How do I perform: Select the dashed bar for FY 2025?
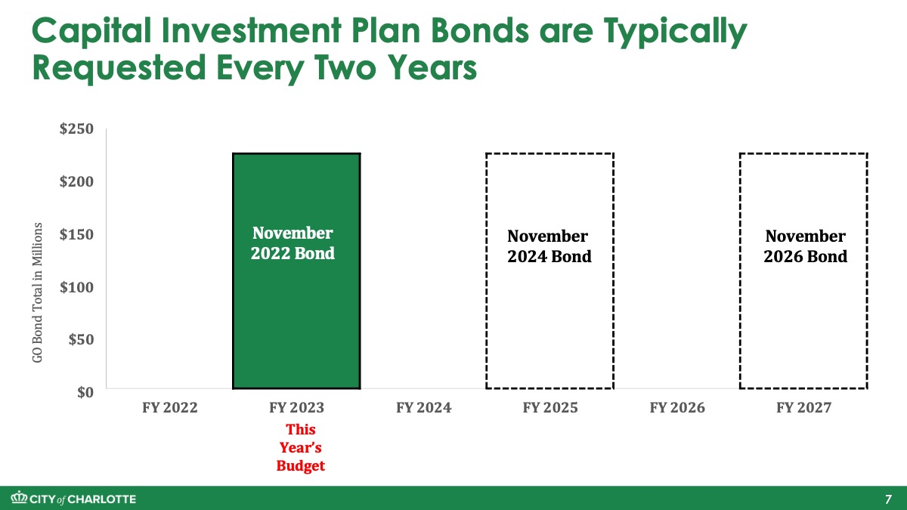click(486, 271)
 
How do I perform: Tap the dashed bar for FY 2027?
click(740, 271)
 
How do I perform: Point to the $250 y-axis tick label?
click(76, 128)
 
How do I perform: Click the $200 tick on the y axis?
click(76, 181)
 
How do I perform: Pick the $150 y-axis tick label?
click(76, 234)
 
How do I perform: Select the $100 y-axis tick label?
click(76, 287)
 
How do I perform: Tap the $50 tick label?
click(81, 339)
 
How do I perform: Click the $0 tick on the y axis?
click(85, 392)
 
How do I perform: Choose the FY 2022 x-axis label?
click(169, 407)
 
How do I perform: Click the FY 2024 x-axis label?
click(423, 407)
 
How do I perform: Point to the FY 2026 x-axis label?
click(677, 407)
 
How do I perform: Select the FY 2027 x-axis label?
click(803, 407)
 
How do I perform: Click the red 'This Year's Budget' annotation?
click(301, 447)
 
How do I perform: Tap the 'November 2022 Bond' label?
click(293, 243)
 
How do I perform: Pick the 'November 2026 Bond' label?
click(806, 246)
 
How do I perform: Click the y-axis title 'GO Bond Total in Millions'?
click(37, 292)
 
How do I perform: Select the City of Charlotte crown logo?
click(19, 497)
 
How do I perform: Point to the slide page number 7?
click(888, 499)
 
